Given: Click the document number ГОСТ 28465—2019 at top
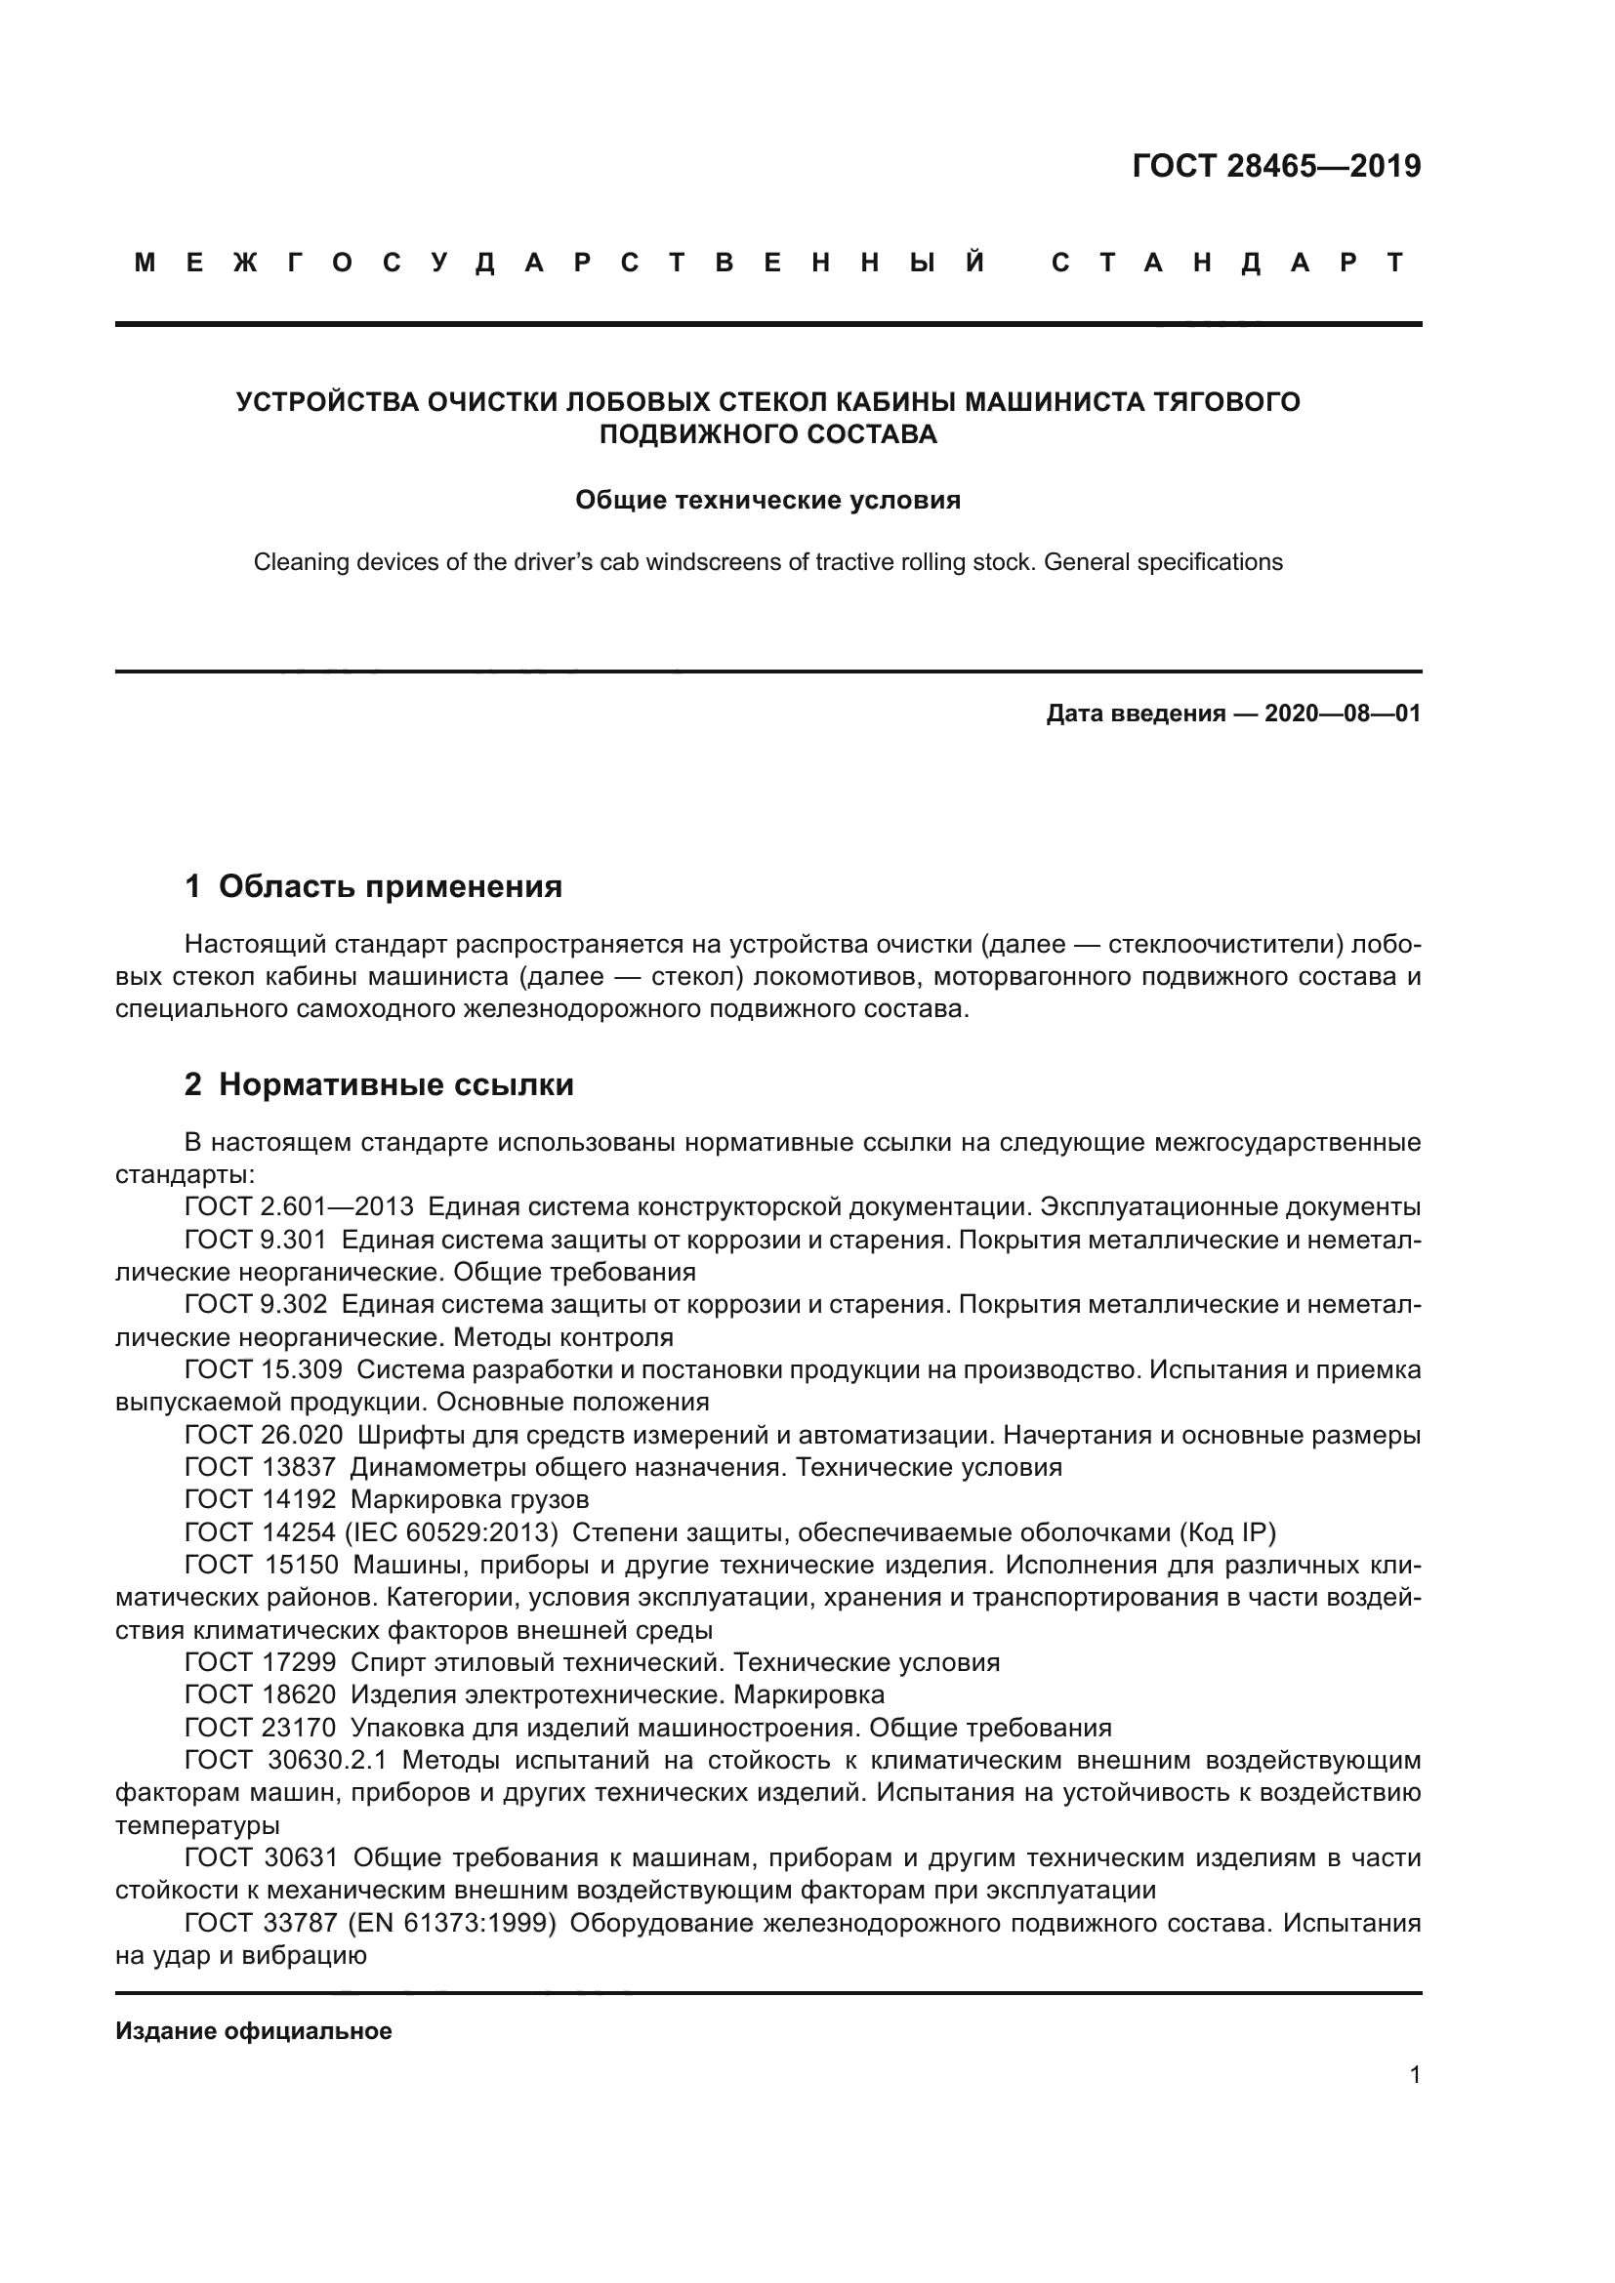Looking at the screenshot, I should (1276, 166).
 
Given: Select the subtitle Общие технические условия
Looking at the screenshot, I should (767, 500).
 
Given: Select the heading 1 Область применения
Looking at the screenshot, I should (374, 886).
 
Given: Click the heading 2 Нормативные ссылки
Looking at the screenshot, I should (379, 1083).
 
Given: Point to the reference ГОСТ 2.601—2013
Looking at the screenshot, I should (299, 1207).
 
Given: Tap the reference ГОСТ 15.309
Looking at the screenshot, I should (264, 1370).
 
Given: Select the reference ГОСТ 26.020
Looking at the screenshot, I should (264, 1435).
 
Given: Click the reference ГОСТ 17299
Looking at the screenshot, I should (261, 1662).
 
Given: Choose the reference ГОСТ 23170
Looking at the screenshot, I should (261, 1728).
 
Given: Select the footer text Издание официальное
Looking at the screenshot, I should (254, 2031).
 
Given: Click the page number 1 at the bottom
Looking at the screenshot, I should (1414, 2074).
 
